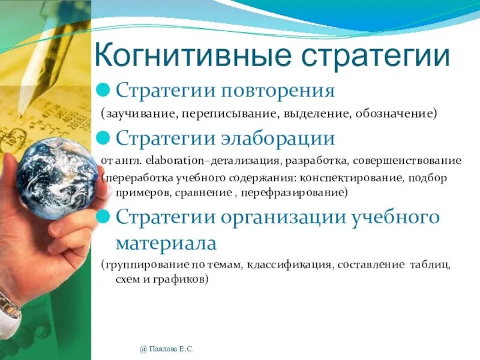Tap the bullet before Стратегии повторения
coord(105,91)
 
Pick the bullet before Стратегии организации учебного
coord(105,217)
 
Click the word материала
coord(165,244)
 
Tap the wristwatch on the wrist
coord(9,312)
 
